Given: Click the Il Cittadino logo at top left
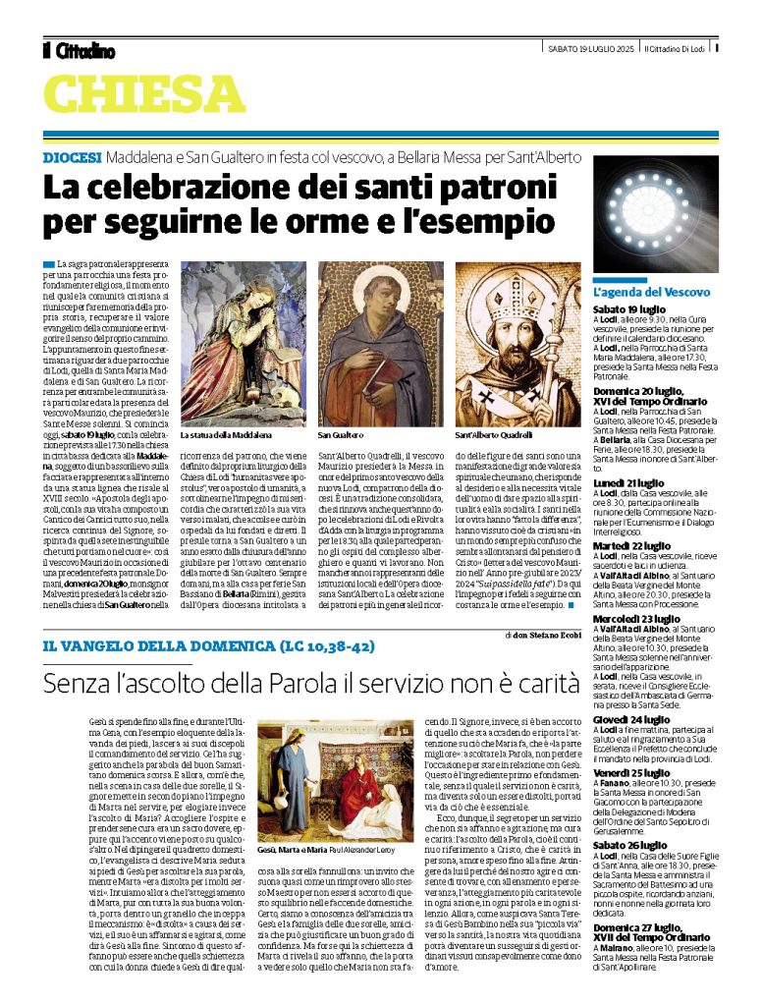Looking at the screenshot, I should coord(79,50).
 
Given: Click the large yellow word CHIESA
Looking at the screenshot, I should coord(143,95).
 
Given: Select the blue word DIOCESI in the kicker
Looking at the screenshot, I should coord(73,157).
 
